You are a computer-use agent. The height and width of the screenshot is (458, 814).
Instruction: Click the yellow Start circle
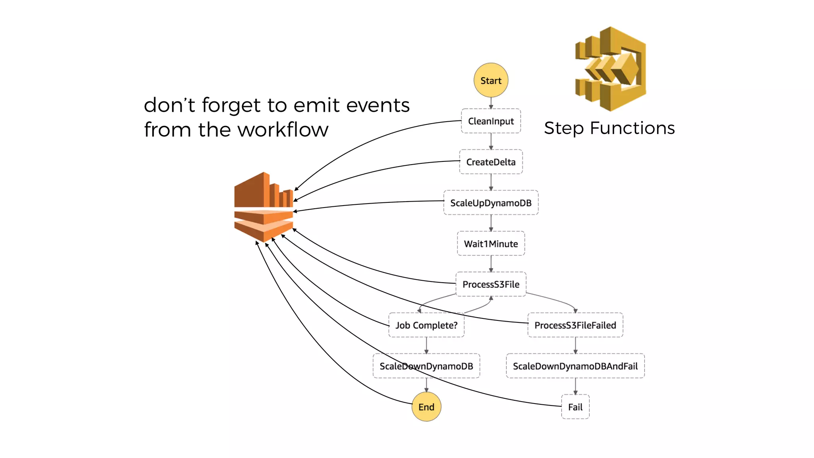(x=491, y=80)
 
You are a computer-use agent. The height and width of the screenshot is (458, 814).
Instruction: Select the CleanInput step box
(x=491, y=121)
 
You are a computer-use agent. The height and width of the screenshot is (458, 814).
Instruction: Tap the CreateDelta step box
(x=491, y=162)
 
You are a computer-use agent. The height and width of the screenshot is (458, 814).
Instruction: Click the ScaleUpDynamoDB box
(x=491, y=203)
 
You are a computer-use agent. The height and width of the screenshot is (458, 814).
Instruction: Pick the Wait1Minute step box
(x=491, y=244)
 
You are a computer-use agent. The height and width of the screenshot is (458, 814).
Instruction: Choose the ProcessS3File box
(x=491, y=284)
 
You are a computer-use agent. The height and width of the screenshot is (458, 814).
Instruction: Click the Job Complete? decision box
(x=426, y=325)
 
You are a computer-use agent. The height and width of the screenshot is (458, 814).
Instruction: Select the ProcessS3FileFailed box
(x=575, y=325)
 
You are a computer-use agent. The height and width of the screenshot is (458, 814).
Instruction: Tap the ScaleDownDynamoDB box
(x=426, y=366)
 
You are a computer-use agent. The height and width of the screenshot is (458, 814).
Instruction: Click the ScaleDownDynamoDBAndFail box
(x=575, y=366)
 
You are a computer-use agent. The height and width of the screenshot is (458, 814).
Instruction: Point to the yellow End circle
(x=426, y=407)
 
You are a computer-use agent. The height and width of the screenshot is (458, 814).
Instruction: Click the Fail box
(x=575, y=407)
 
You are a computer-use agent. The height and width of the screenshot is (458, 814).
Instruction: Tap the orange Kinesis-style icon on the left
(x=264, y=207)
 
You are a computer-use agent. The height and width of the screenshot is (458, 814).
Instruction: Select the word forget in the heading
(x=231, y=105)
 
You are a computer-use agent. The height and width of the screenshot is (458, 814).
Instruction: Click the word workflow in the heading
(x=283, y=130)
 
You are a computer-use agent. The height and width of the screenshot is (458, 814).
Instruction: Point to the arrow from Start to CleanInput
(x=491, y=103)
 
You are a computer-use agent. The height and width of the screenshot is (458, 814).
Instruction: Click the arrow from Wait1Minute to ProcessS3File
(x=491, y=264)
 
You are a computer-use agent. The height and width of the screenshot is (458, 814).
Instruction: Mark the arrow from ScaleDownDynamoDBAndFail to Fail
(x=575, y=386)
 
